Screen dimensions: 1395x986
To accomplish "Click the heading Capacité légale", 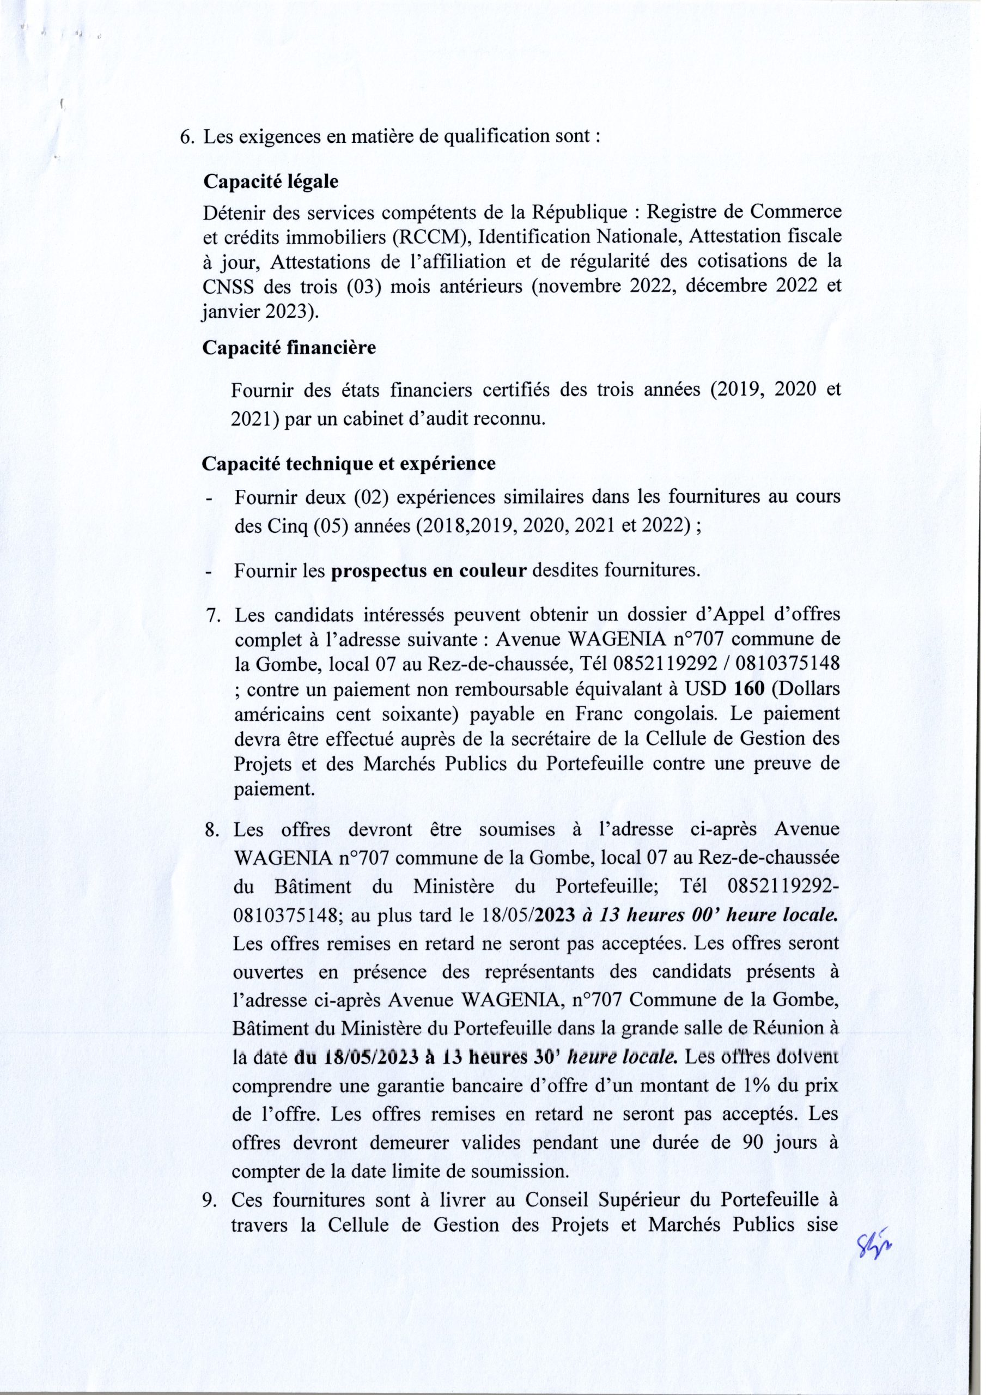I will point(270,181).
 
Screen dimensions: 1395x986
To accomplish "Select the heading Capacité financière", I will point(289,348).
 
